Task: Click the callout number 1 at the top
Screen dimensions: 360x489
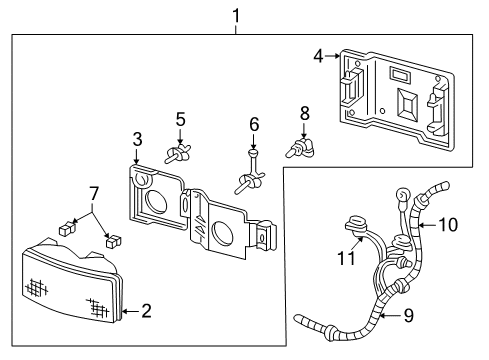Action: click(x=236, y=15)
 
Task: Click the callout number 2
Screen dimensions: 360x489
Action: click(x=146, y=312)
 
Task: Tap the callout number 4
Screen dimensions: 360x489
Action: click(x=319, y=57)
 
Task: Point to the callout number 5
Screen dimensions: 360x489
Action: click(x=180, y=120)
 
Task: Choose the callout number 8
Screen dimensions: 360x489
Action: click(x=305, y=112)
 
